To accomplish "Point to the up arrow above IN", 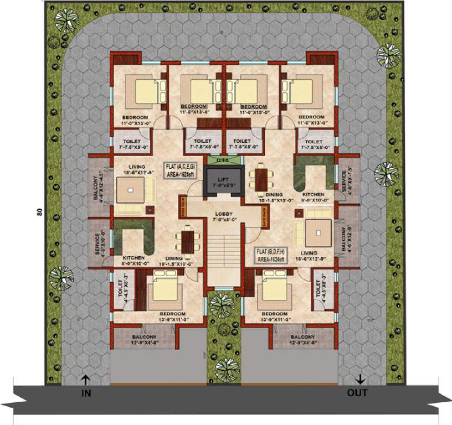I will click(85, 380).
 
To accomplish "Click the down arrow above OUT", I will click(361, 379).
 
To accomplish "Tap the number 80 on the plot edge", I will click(39, 213).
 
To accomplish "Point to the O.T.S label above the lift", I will click(223, 160).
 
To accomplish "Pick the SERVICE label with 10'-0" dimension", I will click(97, 243).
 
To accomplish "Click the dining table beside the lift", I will click(259, 178).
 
